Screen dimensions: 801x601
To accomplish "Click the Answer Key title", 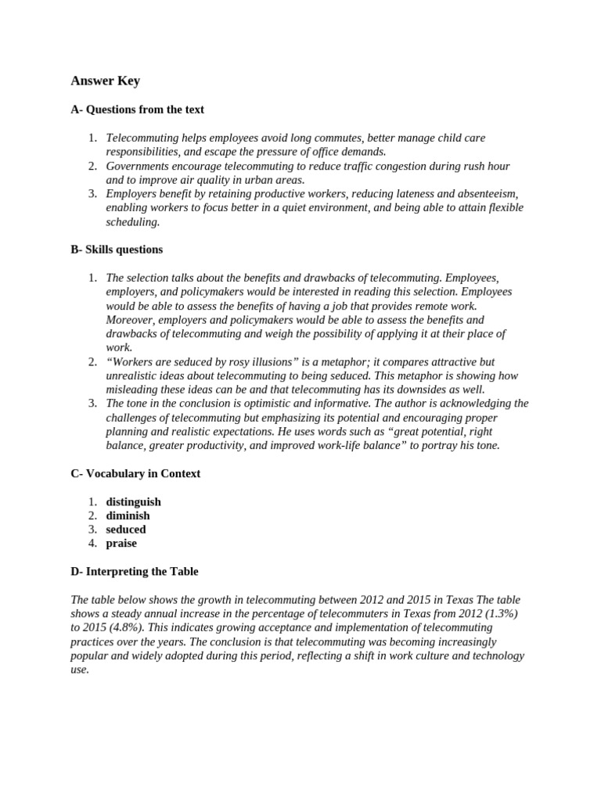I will pyautogui.click(x=105, y=81).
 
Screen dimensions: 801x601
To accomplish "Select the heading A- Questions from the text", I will pyautogui.click(x=137, y=110).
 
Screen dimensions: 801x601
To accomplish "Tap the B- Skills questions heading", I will pyautogui.click(x=117, y=250).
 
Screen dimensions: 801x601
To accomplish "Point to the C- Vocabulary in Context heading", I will pyautogui.click(x=135, y=473).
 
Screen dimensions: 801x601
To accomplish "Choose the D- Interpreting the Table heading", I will pyautogui.click(x=134, y=572).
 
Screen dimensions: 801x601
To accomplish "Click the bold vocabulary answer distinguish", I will pyautogui.click(x=133, y=501).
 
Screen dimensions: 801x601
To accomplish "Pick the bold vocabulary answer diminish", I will pyautogui.click(x=128, y=515).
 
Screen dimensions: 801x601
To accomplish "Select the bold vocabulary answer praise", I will pyautogui.click(x=121, y=544).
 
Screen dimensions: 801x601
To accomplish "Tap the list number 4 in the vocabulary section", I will pyautogui.click(x=92, y=544).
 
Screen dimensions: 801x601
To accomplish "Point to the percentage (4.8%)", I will pyautogui.click(x=124, y=628).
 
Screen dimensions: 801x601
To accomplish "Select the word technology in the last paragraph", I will pyautogui.click(x=494, y=656).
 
